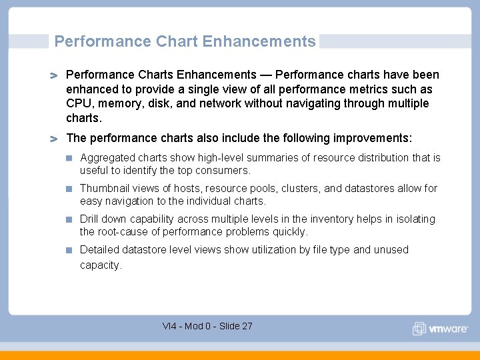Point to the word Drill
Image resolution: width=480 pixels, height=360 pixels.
click(x=90, y=219)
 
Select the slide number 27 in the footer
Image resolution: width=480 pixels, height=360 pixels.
click(x=247, y=326)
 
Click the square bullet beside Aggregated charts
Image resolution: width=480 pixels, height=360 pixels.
click(x=69, y=159)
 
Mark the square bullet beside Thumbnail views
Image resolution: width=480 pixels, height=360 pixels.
click(x=69, y=189)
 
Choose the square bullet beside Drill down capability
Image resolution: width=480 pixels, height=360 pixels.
click(x=69, y=220)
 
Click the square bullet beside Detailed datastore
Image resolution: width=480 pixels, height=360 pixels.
click(x=69, y=251)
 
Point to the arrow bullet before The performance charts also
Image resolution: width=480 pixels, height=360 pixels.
click(x=54, y=139)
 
